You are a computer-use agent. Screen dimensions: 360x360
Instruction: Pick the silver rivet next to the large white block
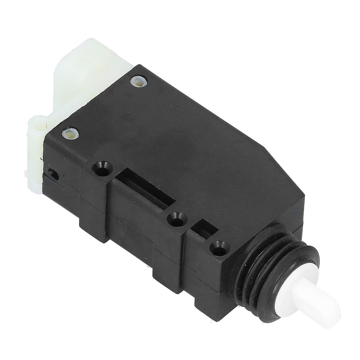click(139, 81)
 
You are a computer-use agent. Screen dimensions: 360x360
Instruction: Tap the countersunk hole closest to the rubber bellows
click(219, 248)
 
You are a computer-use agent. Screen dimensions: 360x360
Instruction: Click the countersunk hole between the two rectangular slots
click(177, 219)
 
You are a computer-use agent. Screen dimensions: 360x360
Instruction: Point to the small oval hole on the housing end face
click(53, 175)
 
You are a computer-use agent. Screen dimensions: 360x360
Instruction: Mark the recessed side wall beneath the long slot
click(133, 223)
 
